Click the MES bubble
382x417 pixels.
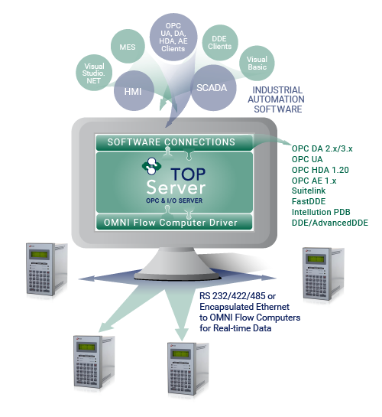click(x=128, y=46)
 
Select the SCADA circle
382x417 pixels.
click(x=213, y=88)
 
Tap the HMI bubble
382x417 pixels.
click(x=134, y=91)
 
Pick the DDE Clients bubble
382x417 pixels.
click(x=220, y=43)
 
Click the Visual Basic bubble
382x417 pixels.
click(x=257, y=63)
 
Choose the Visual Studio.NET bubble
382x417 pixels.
click(x=94, y=73)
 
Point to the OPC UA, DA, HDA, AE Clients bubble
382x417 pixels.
click(x=173, y=37)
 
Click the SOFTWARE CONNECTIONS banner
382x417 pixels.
click(x=174, y=142)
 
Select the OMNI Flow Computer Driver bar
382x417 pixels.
click(x=174, y=222)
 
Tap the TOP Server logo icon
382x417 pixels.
click(x=151, y=166)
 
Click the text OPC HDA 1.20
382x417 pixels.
click(x=320, y=170)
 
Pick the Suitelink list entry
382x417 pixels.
click(x=309, y=191)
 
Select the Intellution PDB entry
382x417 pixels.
click(x=321, y=212)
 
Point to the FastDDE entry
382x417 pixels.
click(x=309, y=201)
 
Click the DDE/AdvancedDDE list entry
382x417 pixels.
click(x=330, y=223)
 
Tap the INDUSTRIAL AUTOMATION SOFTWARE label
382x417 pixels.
click(x=277, y=99)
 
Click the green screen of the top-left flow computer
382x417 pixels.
click(x=40, y=255)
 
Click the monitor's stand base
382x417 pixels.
click(x=178, y=273)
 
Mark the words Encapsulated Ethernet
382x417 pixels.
click(x=244, y=307)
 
